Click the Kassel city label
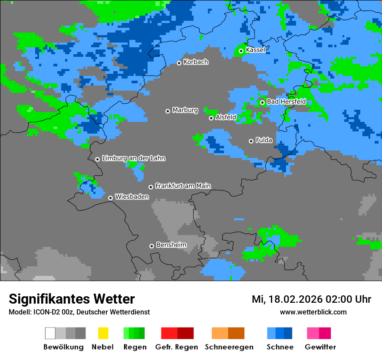(255, 50)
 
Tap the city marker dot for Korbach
(179, 63)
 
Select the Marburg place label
(185, 110)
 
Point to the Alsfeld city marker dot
(211, 118)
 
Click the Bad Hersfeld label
(286, 101)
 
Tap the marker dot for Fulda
(251, 141)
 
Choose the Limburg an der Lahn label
(133, 158)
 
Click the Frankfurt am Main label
(183, 186)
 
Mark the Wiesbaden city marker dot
(111, 198)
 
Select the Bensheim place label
(171, 245)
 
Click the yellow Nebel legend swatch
(103, 333)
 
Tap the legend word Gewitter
(320, 347)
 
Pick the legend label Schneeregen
(229, 347)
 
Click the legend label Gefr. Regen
(177, 347)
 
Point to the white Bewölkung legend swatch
(50, 333)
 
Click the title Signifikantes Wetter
(72, 299)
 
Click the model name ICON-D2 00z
(50, 312)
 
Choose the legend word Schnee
(280, 347)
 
